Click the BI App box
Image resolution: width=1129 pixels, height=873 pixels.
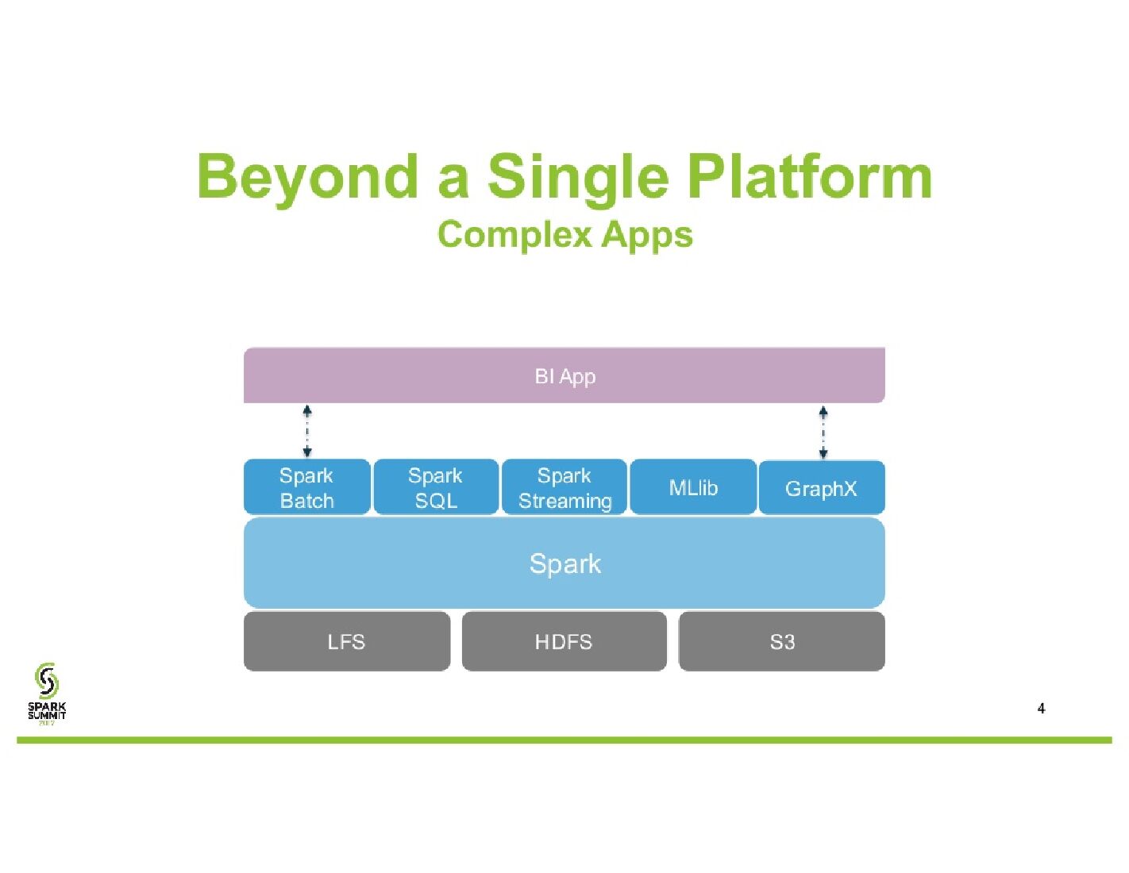(564, 375)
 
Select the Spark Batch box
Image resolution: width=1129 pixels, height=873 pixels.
(306, 487)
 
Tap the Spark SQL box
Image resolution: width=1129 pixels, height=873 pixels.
(436, 487)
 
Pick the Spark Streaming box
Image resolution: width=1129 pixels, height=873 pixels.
(564, 487)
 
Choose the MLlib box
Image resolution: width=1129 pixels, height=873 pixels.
(693, 487)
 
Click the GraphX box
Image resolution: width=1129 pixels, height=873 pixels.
(822, 488)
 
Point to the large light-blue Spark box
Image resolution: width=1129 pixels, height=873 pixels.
(564, 563)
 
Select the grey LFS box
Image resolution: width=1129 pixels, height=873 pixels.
(346, 641)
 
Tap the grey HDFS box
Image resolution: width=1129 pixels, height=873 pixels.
(564, 641)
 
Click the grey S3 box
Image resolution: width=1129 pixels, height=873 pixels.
(781, 641)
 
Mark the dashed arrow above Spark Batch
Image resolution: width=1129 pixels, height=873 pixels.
(307, 431)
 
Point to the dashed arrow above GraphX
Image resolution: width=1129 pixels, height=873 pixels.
(823, 432)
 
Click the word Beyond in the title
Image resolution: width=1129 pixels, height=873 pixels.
(307, 177)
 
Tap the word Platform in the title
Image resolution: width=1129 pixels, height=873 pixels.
(809, 177)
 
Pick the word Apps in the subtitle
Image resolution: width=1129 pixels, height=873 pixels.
(647, 236)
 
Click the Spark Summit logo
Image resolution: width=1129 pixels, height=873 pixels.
(47, 692)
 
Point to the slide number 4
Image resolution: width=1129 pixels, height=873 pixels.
(1041, 709)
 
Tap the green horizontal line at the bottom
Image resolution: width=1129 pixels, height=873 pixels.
(564, 740)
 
